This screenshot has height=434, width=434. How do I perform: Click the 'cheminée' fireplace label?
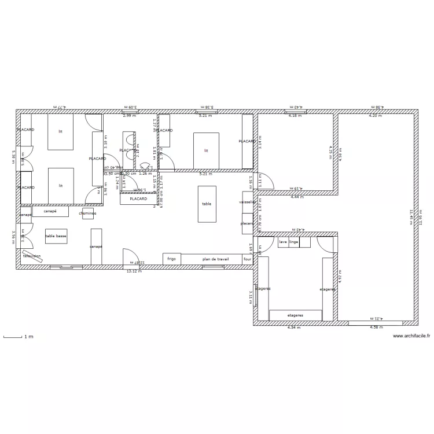click(88, 214)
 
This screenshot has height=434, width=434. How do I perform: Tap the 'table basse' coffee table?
click(56, 237)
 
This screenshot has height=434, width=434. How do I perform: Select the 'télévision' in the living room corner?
click(32, 256)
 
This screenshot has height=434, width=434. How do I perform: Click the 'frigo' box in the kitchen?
click(172, 259)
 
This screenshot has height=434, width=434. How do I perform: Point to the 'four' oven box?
click(247, 259)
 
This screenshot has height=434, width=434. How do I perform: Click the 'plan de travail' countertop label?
click(212, 259)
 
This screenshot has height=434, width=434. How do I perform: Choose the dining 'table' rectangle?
click(207, 204)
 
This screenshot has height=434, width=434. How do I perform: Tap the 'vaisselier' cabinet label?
click(247, 202)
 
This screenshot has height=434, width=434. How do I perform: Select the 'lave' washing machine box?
click(283, 242)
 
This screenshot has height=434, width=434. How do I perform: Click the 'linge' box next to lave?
click(294, 242)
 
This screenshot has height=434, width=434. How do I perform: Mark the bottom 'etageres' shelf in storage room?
click(295, 315)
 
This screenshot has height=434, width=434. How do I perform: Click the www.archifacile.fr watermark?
click(410, 336)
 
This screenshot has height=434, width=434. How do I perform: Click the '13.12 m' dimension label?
click(134, 271)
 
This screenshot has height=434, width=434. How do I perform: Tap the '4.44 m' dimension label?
click(297, 197)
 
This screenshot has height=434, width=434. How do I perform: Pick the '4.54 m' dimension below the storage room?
click(295, 328)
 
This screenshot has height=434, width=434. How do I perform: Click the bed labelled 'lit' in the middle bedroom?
click(206, 150)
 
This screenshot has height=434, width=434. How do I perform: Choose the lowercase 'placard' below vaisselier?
click(247, 223)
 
